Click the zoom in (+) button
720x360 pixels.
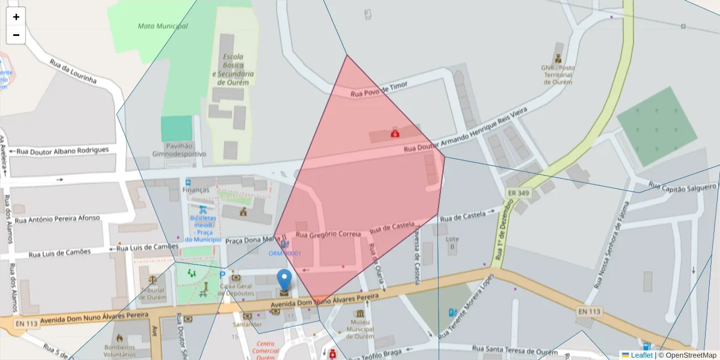coord(16,17)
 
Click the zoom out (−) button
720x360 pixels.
coord(16,35)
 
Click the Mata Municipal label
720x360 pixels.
coord(163,26)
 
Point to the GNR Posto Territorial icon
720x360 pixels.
coord(558,58)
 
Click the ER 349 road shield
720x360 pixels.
coord(518,193)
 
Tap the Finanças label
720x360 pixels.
coord(196,190)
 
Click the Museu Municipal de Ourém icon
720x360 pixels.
coord(360,314)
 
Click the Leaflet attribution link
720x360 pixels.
coord(641,355)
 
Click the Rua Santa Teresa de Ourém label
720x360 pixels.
coord(515,350)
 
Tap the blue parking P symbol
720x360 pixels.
coord(223,275)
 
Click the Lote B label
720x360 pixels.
coord(452,242)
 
